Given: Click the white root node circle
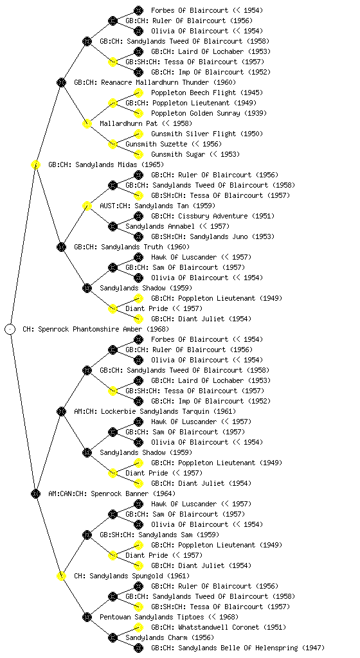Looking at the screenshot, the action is pos(10,329).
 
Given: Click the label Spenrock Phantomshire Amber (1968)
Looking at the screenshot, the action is pos(96,329).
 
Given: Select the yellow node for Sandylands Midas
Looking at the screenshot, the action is pos(35,164).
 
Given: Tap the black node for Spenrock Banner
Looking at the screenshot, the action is pos(35,493).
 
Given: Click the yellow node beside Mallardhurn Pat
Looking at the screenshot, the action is pos(87,123).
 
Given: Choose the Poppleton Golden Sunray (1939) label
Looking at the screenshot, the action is pos(208,113).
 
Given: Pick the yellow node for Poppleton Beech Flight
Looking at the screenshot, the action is pos(138,93).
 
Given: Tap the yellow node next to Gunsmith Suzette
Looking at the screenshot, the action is pos(113,144).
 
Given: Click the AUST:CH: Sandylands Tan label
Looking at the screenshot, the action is pos(157,206).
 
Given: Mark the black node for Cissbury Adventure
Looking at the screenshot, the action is pos(138,216).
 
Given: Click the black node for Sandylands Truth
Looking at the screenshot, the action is pos(61,247).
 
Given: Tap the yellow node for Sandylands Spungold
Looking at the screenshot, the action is pos(61,576).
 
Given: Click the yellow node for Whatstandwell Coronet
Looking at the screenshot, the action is pos(138,627).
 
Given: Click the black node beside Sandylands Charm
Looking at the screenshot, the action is pos(113,637).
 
